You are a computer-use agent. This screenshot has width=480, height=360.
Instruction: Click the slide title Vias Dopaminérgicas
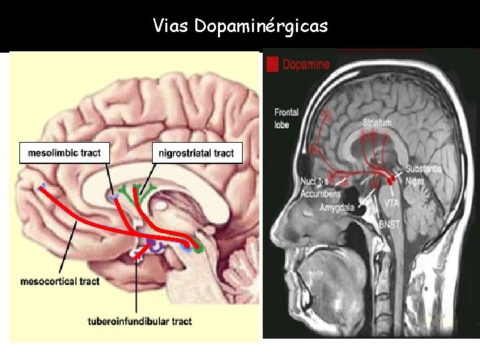coord(240,26)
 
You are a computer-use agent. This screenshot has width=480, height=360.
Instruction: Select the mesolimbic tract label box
coord(64,153)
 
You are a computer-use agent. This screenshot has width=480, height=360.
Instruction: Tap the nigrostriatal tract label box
coord(196,153)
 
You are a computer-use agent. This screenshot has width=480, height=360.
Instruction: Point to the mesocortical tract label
coord(60,281)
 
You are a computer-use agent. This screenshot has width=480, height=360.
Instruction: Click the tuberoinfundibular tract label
coord(139,321)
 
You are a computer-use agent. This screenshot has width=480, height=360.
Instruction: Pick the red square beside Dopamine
coord(272,65)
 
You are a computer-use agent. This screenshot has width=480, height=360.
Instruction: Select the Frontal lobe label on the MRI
coord(286,119)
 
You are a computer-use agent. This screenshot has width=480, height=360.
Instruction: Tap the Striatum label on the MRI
coord(377,123)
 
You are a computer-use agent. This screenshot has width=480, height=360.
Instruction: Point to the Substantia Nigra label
coord(425,173)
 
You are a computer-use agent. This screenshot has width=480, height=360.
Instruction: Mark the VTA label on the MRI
coord(392,201)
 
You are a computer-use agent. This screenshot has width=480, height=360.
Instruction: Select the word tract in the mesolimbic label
coord(89,153)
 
